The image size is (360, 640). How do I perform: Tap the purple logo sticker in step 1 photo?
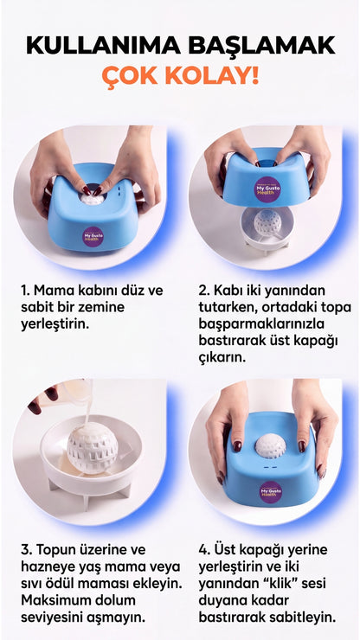93,237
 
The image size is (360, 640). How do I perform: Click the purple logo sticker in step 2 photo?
267,189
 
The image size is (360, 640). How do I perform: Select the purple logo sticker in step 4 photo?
271,492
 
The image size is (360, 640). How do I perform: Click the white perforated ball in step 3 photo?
93,448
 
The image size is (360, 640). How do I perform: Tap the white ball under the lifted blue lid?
267,223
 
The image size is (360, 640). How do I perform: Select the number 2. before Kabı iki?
204,291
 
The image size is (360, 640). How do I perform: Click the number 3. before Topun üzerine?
27,549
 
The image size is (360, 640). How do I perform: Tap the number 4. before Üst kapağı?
205,549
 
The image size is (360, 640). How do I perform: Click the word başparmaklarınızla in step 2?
261,324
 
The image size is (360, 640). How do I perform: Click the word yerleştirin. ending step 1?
55,325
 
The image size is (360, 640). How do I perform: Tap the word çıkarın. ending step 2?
222,358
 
